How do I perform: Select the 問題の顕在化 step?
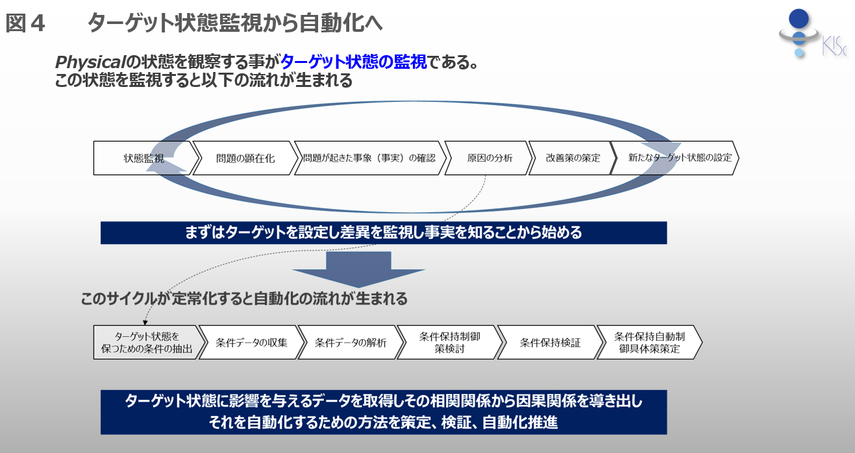(245, 158)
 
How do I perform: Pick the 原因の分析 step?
(489, 158)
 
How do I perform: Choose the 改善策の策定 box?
(573, 158)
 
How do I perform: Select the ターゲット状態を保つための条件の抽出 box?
(147, 342)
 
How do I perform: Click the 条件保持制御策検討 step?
(450, 342)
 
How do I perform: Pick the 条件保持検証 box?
(550, 342)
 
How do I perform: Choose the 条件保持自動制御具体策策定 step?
(650, 342)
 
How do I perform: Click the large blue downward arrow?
(358, 269)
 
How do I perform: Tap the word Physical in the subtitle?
(90, 62)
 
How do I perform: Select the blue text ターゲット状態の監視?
(353, 62)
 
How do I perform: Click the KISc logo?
(812, 34)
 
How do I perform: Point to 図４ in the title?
(25, 23)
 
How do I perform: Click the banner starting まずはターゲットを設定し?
(384, 233)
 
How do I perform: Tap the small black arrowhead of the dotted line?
(145, 323)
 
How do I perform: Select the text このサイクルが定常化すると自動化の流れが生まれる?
(244, 299)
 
